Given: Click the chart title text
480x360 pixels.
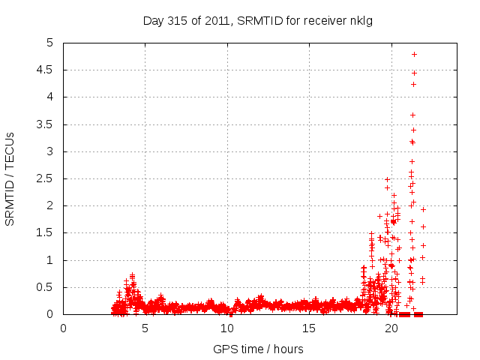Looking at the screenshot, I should tap(258, 20).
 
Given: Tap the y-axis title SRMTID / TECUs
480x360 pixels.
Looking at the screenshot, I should tap(10, 178).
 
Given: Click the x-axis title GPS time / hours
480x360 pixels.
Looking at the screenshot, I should tap(258, 349).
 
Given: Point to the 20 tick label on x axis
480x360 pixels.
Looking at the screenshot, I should tap(391, 328).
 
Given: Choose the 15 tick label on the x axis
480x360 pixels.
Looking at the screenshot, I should tap(310, 328).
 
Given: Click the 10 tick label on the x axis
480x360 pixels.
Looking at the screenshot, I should tap(227, 328).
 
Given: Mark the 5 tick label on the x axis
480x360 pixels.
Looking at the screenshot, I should tap(145, 328).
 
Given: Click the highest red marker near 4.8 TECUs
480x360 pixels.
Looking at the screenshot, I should tap(414, 54).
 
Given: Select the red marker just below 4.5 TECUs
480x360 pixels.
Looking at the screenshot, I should tap(414, 73).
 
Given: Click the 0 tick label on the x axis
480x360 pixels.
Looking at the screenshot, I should tap(63, 328).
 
